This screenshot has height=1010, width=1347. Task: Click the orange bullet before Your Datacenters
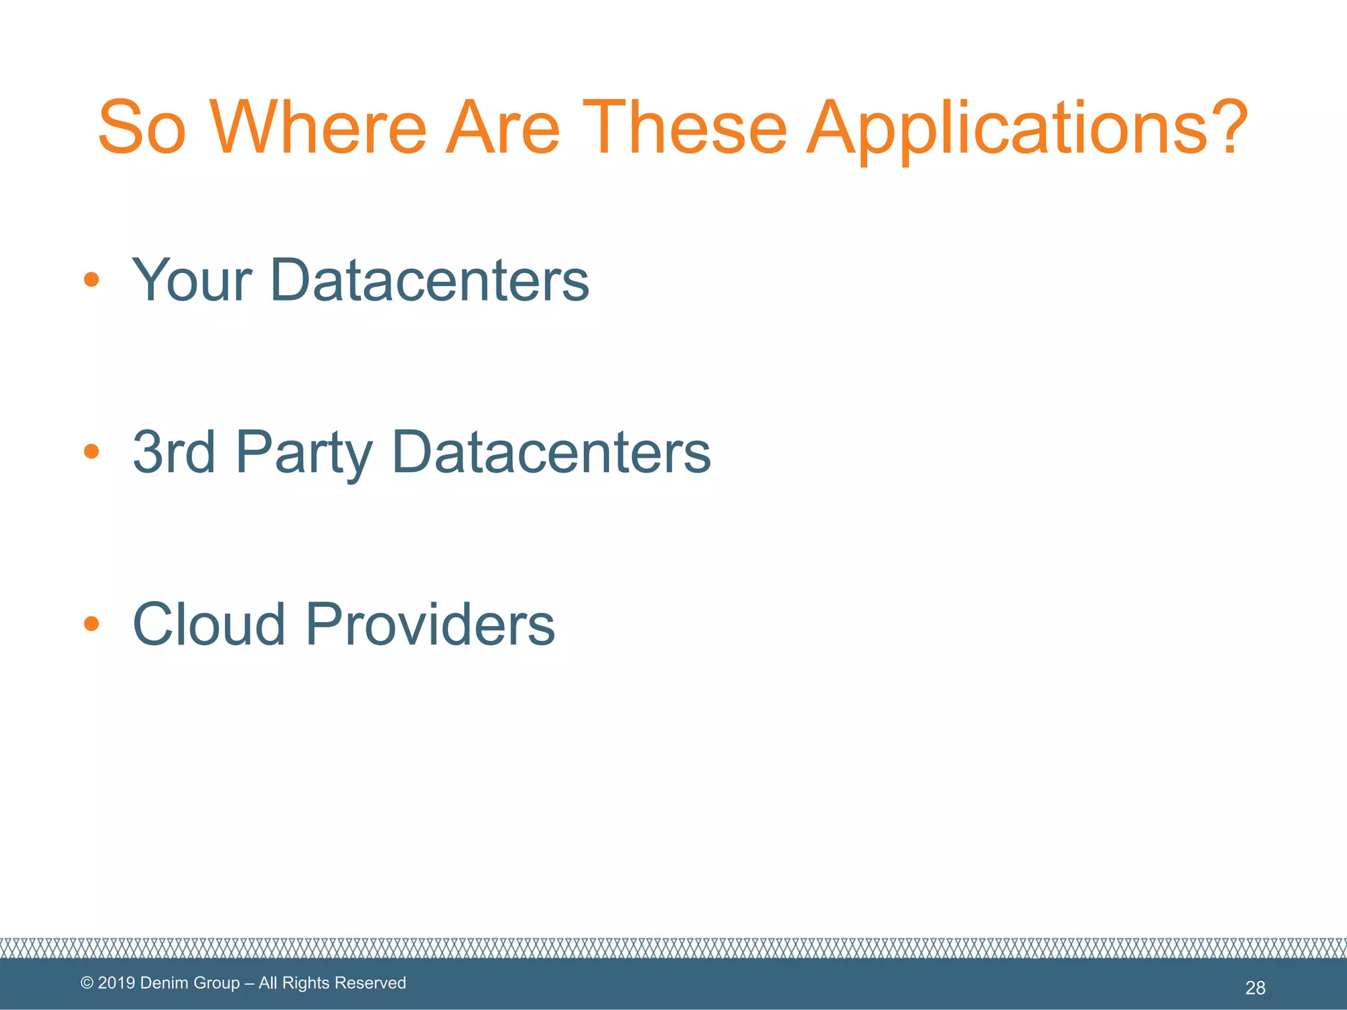(91, 280)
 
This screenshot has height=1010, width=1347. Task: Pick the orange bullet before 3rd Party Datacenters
(91, 452)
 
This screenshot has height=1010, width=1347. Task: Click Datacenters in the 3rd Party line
(551, 452)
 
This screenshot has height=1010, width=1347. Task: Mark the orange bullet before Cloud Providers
(91, 623)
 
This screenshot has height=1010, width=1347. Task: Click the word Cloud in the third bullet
(209, 623)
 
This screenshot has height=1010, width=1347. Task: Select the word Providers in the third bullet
(431, 623)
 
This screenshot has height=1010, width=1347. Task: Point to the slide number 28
(1255, 988)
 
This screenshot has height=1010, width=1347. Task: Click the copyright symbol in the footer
(87, 983)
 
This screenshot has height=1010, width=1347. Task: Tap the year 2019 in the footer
(116, 983)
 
